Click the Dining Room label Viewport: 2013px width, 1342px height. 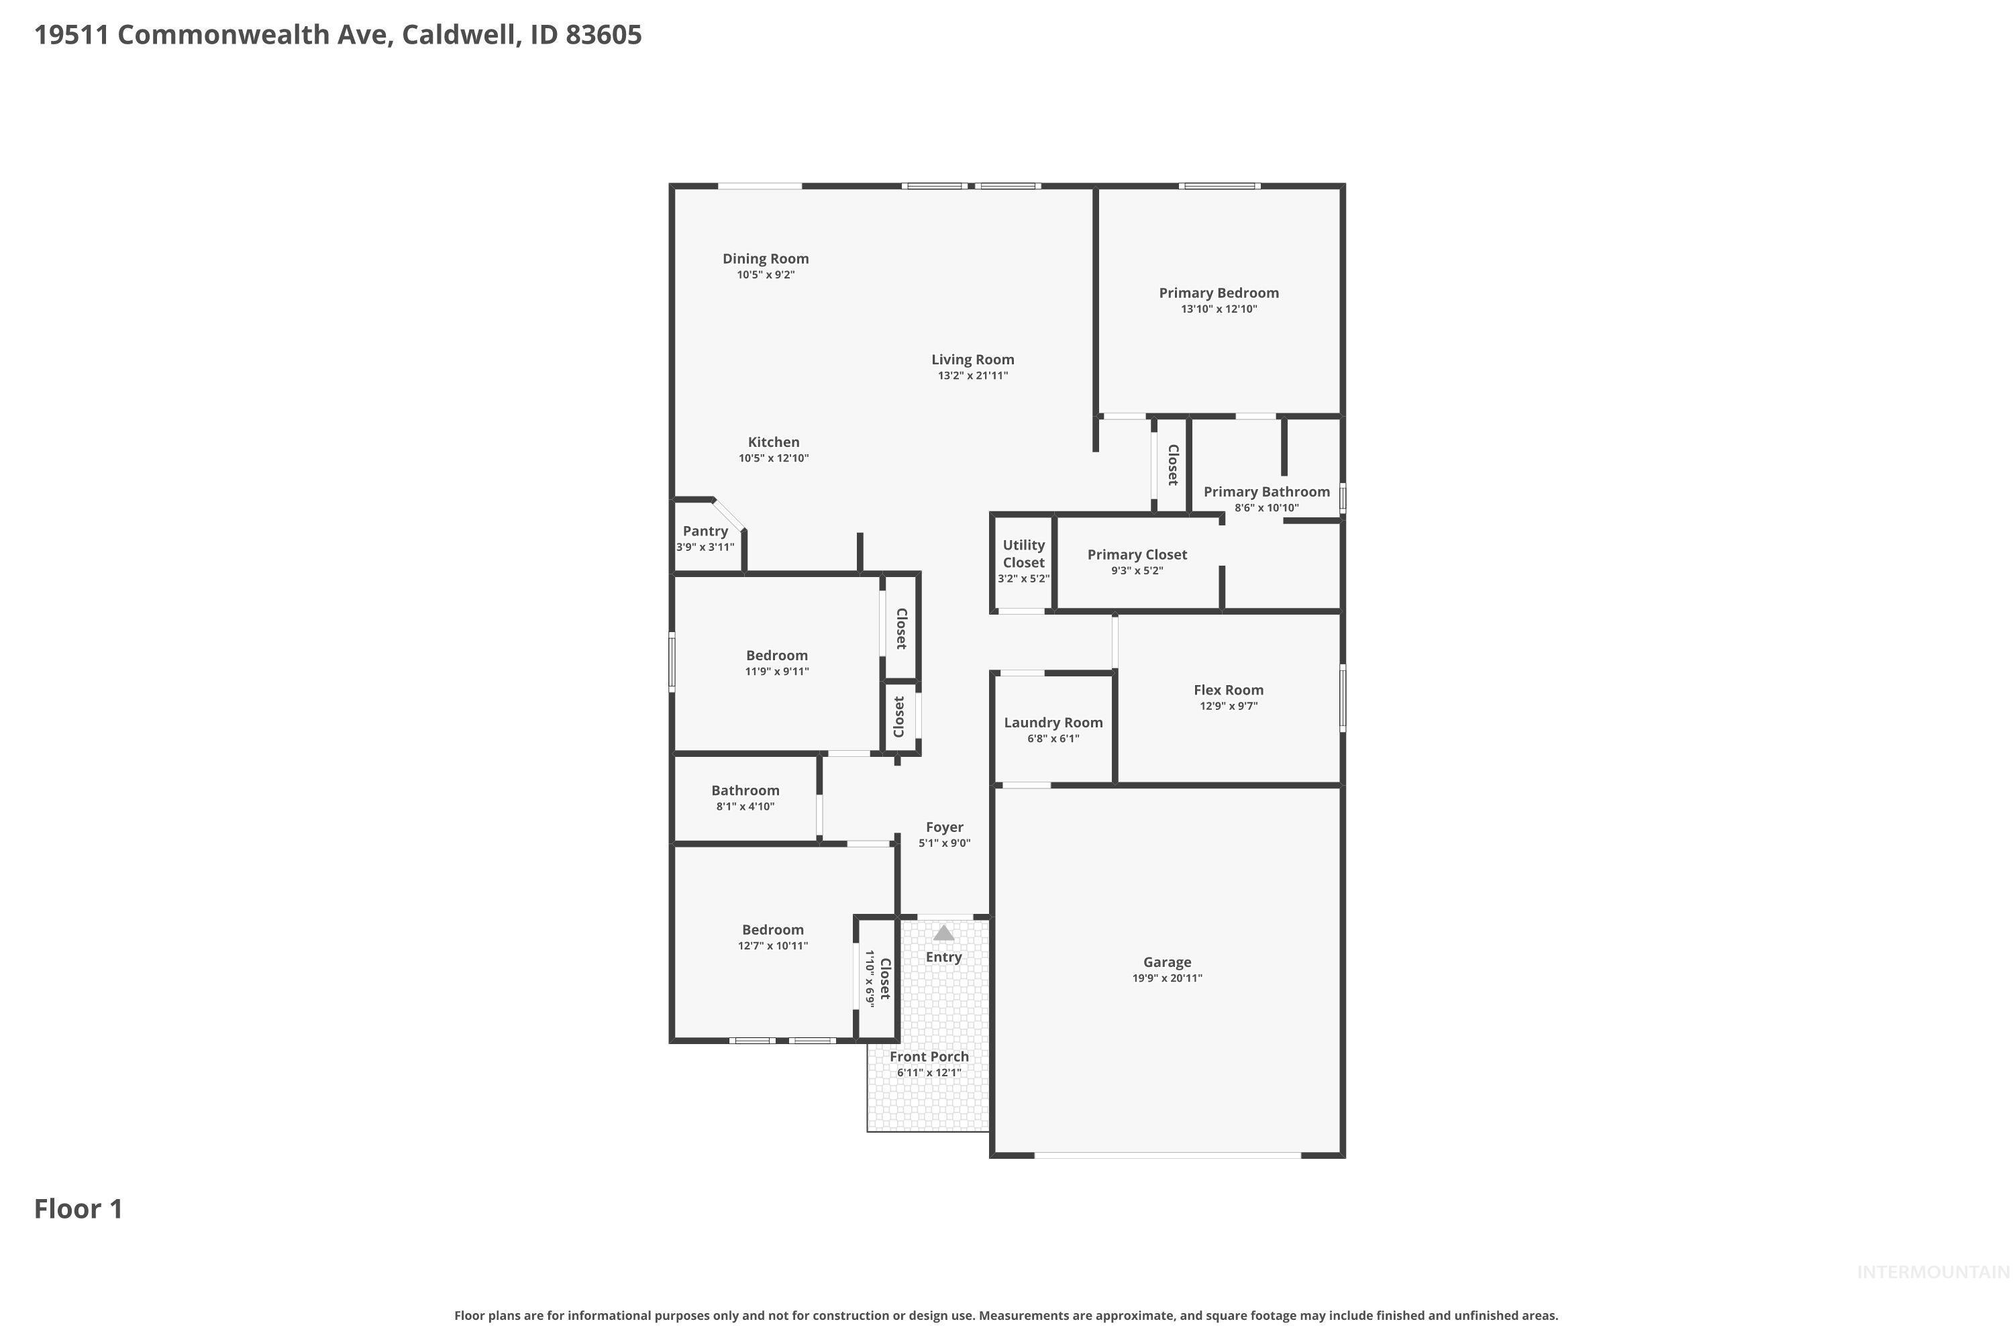765,258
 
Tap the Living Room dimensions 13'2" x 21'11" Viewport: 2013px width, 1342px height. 972,376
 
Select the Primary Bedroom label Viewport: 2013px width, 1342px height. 1218,293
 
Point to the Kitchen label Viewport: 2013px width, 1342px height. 773,442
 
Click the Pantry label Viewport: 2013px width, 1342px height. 705,531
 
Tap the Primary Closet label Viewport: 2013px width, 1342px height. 1137,555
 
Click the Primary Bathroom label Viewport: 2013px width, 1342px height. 1266,491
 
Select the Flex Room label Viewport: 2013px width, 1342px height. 1228,690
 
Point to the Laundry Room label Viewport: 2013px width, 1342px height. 1053,723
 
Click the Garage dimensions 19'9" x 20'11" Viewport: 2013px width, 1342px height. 1167,978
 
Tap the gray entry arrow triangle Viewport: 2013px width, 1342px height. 943,933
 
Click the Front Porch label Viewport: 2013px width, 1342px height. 929,1056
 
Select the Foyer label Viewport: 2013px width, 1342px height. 944,827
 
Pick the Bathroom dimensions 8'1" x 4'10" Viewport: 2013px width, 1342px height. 745,807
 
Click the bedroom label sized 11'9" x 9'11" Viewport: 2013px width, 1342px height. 776,656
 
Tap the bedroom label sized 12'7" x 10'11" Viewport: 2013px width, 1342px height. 772,929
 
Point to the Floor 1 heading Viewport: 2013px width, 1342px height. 78,1208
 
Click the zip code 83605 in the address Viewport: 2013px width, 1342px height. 603,34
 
